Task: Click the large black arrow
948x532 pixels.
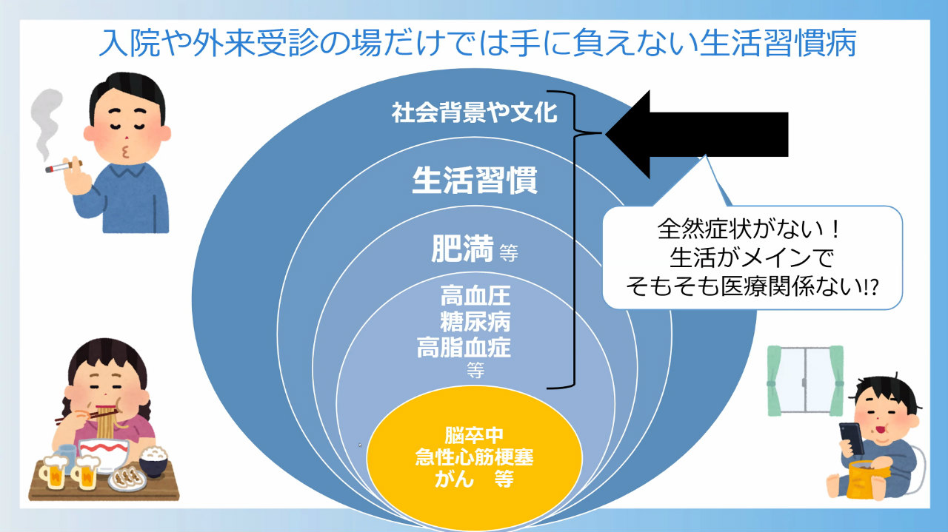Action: point(698,134)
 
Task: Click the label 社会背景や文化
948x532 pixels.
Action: point(475,113)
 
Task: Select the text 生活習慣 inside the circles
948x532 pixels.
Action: point(475,180)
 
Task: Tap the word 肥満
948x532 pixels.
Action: point(462,248)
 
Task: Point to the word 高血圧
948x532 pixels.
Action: point(475,296)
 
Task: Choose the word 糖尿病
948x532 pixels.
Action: point(475,322)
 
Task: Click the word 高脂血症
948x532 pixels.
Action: point(464,348)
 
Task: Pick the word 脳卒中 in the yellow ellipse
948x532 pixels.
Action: point(474,435)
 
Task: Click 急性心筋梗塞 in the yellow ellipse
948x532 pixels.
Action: point(474,457)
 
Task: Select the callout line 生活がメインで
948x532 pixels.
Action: point(752,257)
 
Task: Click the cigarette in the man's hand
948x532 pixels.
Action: point(64,166)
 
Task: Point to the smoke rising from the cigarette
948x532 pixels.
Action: point(46,124)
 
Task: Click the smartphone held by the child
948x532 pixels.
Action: point(852,438)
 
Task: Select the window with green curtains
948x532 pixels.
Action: point(805,380)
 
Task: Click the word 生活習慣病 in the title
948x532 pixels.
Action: point(778,43)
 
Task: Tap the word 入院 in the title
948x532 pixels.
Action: point(129,43)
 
